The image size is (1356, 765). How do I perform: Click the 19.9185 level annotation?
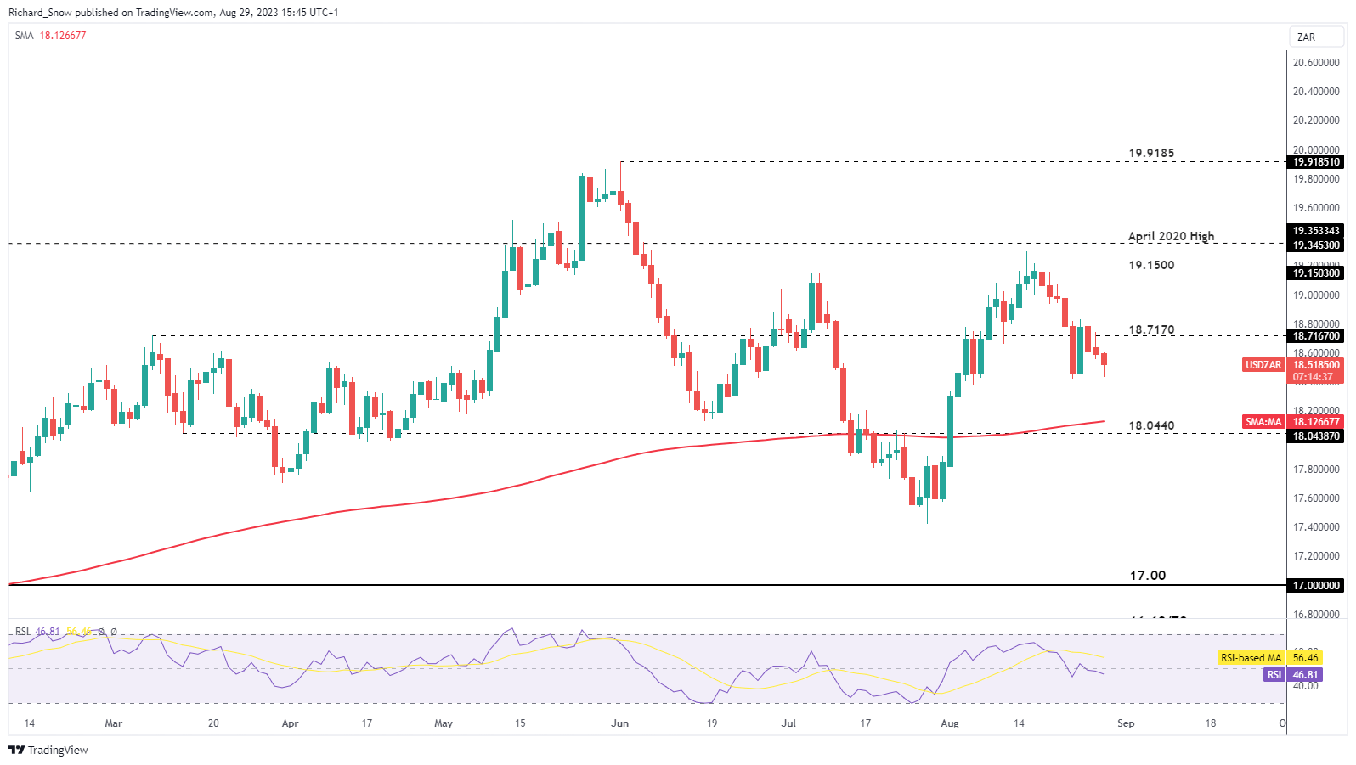[x=1150, y=154]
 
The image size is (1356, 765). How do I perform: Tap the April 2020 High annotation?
[x=1171, y=236]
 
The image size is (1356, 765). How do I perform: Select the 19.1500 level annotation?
[x=1150, y=265]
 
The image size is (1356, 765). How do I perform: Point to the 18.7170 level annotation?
[x=1150, y=329]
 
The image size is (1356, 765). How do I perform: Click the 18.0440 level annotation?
[x=1150, y=425]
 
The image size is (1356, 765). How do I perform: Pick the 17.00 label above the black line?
[x=1147, y=576]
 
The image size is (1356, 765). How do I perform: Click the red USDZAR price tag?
[x=1263, y=365]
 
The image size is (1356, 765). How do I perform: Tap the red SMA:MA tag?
[x=1263, y=422]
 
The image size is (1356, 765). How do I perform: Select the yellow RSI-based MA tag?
[x=1250, y=658]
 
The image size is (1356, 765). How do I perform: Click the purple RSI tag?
[x=1274, y=675]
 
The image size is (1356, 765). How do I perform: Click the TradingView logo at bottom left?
[x=48, y=750]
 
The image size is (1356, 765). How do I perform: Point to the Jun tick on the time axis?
[x=619, y=723]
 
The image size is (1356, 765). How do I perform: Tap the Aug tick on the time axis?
[x=949, y=723]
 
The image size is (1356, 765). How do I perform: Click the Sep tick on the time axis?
[x=1125, y=723]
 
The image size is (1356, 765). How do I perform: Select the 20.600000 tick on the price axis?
[x=1316, y=63]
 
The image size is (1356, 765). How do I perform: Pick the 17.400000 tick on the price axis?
[x=1316, y=527]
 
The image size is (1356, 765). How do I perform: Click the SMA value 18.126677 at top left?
[x=63, y=36]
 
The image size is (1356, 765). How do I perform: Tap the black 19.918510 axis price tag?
[x=1316, y=162]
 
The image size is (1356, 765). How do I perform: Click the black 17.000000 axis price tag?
[x=1316, y=586]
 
